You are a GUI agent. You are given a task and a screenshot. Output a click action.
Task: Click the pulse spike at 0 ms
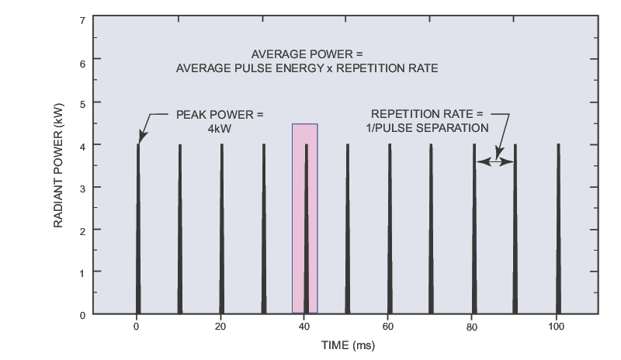138,233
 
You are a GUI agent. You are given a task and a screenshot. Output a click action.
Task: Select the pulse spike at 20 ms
222,233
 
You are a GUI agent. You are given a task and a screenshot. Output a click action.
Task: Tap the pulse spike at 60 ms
390,233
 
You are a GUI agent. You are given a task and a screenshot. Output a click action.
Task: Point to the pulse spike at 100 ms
557,233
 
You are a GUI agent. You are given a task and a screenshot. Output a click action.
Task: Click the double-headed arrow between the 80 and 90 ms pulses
494,161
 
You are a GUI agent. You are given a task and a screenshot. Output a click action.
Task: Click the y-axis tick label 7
82,18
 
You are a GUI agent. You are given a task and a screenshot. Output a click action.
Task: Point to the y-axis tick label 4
82,145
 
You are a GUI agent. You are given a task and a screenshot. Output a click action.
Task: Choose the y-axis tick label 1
82,272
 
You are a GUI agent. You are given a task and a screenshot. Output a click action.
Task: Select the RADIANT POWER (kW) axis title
58,167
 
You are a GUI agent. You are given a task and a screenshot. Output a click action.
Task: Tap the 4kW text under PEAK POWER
220,128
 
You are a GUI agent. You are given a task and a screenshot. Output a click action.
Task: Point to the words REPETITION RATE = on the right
427,114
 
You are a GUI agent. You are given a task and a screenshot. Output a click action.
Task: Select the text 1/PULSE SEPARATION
428,128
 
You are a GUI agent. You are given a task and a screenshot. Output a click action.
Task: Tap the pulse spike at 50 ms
348,233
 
